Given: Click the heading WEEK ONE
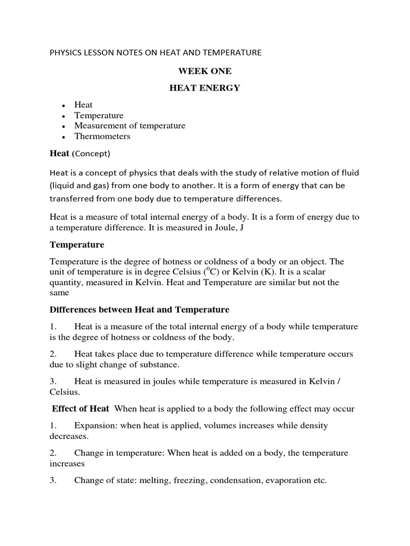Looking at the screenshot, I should coord(204,71).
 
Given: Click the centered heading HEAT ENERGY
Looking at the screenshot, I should coord(204,88).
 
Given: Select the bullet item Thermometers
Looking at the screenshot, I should coord(102,136).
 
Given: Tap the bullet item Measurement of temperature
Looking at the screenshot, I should coord(130,126).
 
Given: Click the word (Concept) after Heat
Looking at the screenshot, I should coord(91,154).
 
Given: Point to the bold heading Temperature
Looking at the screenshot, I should coord(77,245).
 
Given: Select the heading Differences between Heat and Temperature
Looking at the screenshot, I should coord(139,309).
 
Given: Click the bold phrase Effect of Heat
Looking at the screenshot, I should coord(81,408).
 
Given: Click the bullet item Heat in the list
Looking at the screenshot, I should coord(83,105).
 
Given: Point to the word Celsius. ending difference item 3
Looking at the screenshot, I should coord(65,392).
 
